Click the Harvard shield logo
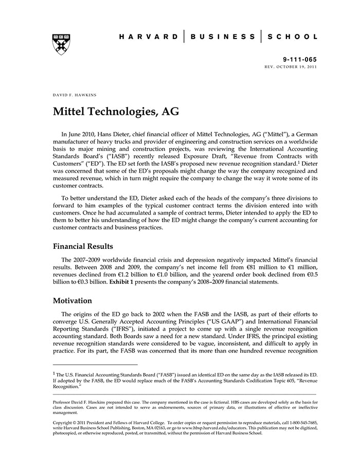[61, 44]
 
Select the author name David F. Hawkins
[75, 95]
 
